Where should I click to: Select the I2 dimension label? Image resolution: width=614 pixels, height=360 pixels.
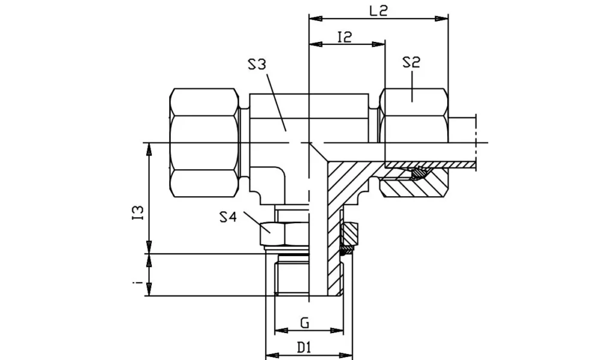tap(345, 37)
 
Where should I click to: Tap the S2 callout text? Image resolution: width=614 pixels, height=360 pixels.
tap(411, 62)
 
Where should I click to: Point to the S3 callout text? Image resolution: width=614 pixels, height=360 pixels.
tap(257, 64)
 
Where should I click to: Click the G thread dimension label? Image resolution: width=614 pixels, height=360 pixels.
tap(305, 323)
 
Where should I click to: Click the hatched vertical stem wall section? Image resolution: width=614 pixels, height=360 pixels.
tap(333, 240)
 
